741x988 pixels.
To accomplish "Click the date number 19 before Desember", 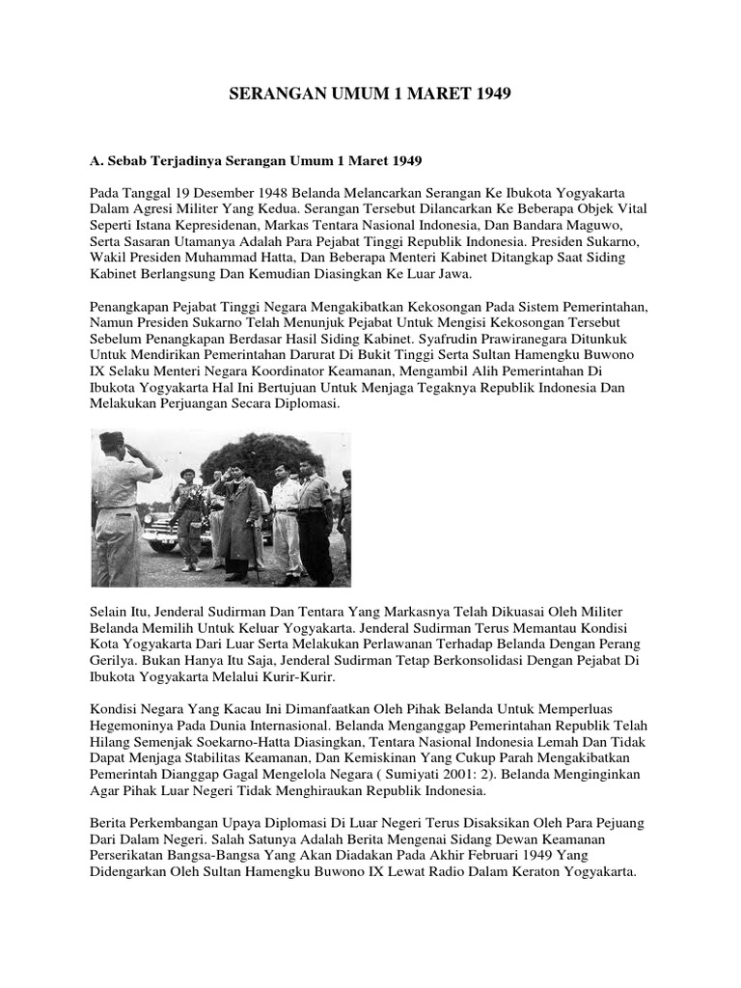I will coord(181,191).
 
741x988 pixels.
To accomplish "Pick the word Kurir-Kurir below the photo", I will coord(310,676).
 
